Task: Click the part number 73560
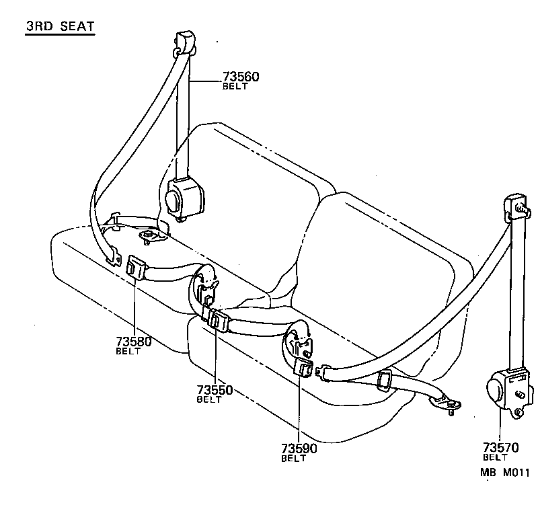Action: pos(241,77)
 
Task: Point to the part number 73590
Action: pos(299,448)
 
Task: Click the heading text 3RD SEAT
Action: pos(60,27)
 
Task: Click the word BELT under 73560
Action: pos(235,86)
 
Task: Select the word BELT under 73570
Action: pos(495,457)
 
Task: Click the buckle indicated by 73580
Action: pos(136,267)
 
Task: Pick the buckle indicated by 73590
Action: pos(303,368)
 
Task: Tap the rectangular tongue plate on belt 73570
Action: pos(386,381)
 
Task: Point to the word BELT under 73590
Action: pos(293,459)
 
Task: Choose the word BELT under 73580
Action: pos(128,351)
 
